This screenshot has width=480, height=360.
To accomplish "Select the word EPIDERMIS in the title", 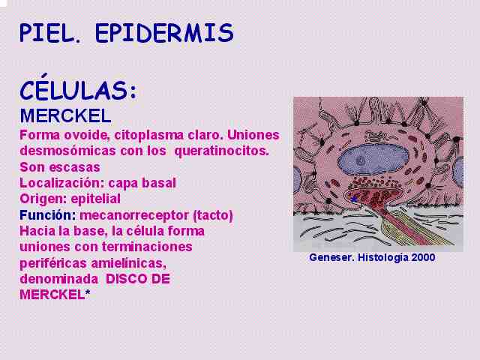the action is pos(165,33).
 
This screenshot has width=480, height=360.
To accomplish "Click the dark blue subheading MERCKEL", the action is pos(65,115).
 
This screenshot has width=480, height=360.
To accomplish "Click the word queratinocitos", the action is pos(222,151).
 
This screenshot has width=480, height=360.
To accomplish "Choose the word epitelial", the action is pos(96,199).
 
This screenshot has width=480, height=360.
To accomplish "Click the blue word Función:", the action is pos(48,215).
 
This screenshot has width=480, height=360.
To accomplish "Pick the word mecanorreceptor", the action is pos(134,215).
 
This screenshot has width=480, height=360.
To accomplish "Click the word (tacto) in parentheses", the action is pos(213,215).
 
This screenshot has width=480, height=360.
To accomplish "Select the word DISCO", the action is pos(125,279).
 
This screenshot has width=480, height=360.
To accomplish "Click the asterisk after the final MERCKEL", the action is pos(88,293).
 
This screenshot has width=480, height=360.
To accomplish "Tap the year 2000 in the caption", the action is pos(423,257).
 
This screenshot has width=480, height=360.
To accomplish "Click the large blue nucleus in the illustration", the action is pos(373,159).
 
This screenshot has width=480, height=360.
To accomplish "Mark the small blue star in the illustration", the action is pos(354,199).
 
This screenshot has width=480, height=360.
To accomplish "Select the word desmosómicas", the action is pos(68,151).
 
